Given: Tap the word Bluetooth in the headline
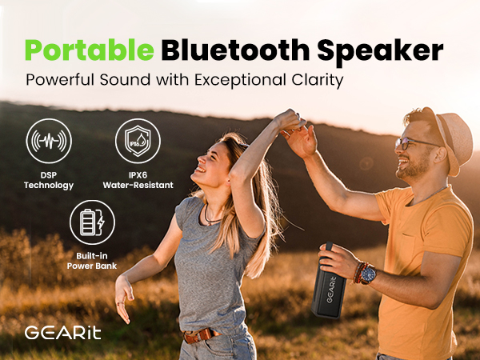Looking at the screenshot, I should coord(226,50).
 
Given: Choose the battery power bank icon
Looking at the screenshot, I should coord(93,222).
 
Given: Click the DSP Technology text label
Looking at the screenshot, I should coord(48,180).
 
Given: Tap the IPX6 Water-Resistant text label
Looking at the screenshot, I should coord(138,180).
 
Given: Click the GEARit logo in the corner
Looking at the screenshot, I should coord(63,332).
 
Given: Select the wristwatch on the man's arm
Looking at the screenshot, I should coord(368,274).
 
